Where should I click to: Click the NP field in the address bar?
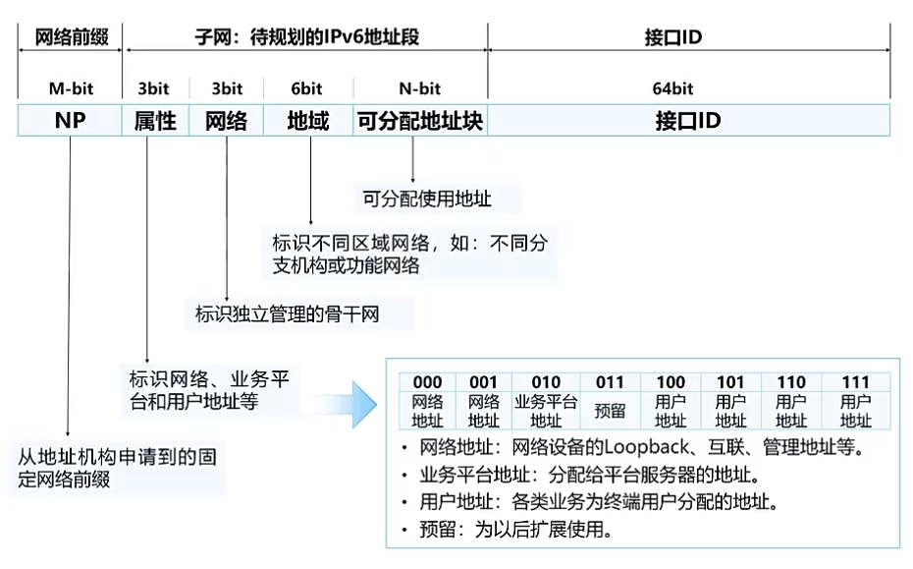(x=71, y=121)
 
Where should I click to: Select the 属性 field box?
(x=155, y=121)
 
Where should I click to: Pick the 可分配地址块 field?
(x=421, y=121)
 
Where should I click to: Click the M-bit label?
(x=71, y=88)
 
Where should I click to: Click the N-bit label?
(x=421, y=88)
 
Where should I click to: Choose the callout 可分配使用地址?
(x=427, y=199)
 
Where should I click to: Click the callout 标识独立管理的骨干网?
(x=288, y=314)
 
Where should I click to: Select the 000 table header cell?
(x=428, y=382)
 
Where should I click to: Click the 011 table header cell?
(x=610, y=382)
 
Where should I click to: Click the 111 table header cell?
(x=855, y=382)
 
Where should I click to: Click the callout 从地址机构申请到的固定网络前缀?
(x=118, y=469)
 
